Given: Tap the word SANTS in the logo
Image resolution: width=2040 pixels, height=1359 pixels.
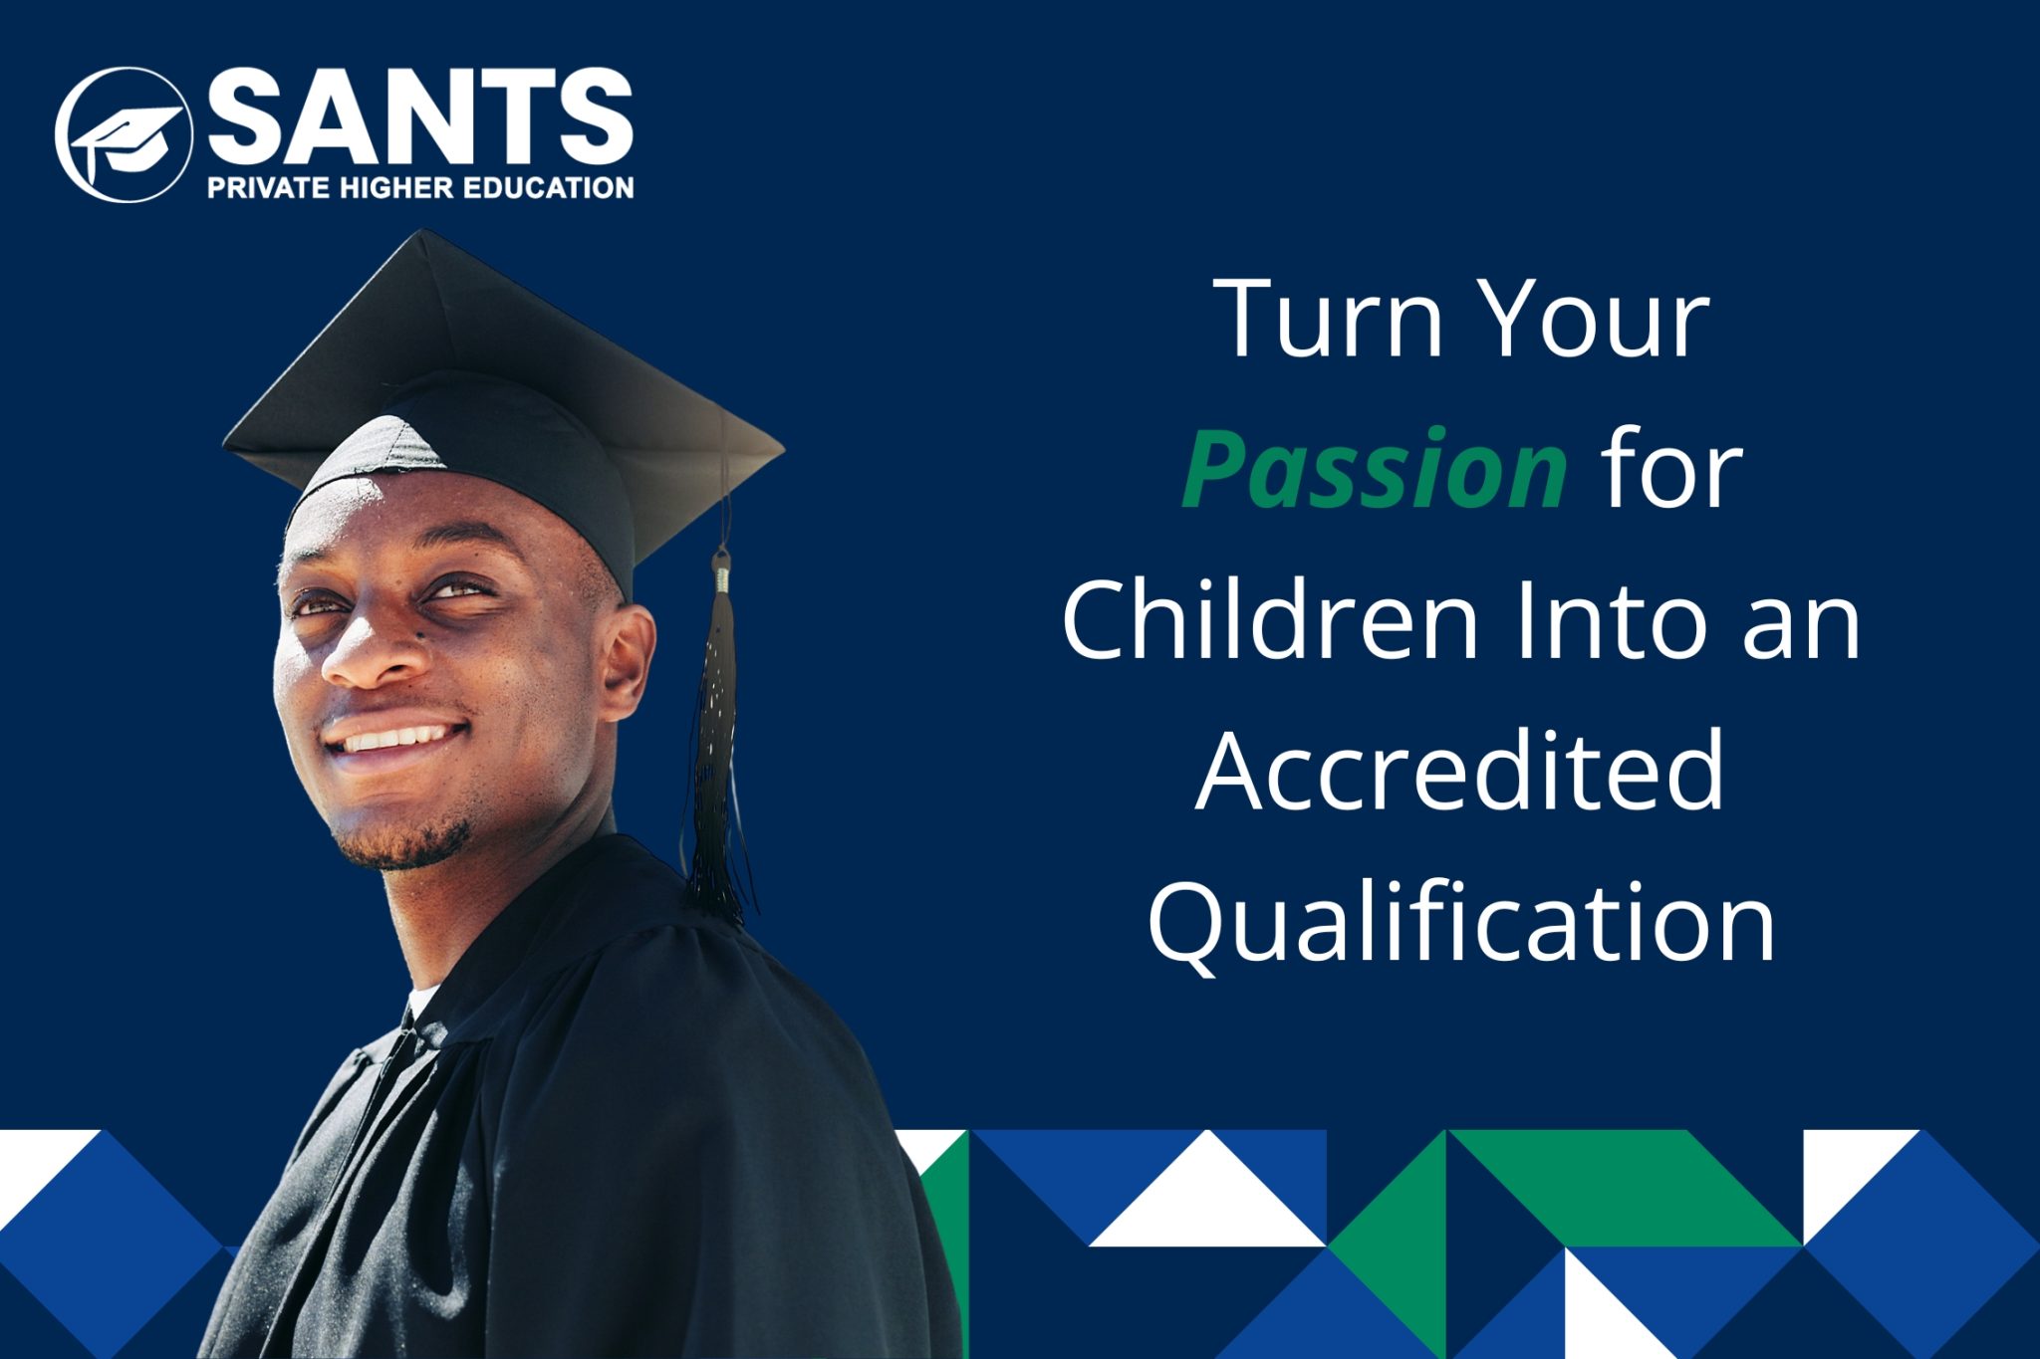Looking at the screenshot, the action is [x=420, y=116].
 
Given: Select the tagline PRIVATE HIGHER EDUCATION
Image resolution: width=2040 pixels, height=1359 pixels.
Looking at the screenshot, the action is [x=420, y=187].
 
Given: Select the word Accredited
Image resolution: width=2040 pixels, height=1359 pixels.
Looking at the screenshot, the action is [x=1459, y=771].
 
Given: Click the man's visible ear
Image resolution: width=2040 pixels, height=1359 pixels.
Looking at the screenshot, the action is [x=627, y=661].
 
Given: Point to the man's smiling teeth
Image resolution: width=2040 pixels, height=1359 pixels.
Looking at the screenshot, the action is [x=396, y=739].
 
